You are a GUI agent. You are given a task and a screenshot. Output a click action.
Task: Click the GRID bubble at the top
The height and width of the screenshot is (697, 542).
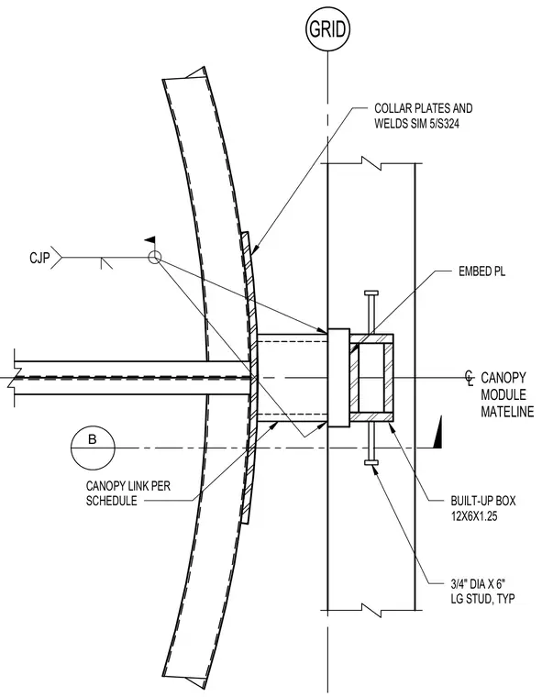(327, 29)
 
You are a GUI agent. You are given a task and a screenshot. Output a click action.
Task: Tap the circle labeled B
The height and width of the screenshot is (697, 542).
(93, 448)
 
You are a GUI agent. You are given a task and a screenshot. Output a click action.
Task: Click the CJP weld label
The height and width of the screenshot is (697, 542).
(39, 258)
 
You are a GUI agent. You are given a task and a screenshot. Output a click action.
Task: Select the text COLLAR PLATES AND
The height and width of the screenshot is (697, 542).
(424, 108)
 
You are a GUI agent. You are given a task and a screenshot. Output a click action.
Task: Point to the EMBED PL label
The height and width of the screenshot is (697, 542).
(482, 271)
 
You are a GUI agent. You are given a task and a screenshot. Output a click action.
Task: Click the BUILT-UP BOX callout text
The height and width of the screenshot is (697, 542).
(483, 501)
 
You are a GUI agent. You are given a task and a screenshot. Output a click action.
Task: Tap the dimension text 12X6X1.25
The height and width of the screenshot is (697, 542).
(473, 516)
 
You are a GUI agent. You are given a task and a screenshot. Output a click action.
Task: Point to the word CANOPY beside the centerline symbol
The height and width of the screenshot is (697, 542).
(503, 378)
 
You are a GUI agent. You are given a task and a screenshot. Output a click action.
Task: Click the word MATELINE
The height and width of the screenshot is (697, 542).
(507, 411)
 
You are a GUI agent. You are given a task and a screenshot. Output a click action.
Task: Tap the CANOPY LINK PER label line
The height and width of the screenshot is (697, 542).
(128, 486)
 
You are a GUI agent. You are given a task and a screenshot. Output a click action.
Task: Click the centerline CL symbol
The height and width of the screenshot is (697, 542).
(470, 379)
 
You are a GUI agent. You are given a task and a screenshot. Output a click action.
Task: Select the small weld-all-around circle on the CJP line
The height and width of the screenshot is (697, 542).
(154, 258)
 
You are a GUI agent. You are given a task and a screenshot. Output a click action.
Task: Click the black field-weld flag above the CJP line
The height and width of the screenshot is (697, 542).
(150, 240)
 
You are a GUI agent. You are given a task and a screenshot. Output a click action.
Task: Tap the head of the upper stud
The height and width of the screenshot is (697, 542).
(371, 293)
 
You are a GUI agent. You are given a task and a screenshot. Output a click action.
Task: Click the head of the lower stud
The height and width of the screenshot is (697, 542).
(371, 463)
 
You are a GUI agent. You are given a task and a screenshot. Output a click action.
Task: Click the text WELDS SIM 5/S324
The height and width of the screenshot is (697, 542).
(416, 124)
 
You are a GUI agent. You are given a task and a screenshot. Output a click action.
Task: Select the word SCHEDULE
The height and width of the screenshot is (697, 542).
(111, 502)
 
